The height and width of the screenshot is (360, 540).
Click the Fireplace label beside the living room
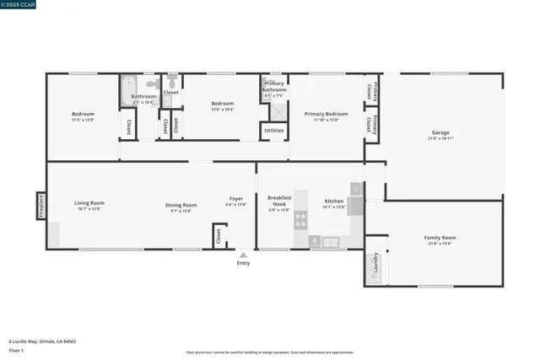(x=40, y=205)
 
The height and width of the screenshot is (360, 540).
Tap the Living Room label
(x=89, y=203)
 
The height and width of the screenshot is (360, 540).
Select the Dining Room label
(x=181, y=206)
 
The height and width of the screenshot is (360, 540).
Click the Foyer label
(x=235, y=201)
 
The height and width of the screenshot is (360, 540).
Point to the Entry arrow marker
(x=243, y=254)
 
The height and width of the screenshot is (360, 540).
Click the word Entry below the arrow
(x=243, y=263)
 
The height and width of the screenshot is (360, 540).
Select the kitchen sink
(x=330, y=243)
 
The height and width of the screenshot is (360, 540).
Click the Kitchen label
(x=334, y=201)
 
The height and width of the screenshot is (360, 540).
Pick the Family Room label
(x=440, y=238)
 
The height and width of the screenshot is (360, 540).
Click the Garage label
(x=440, y=132)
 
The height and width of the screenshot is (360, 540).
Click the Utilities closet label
(x=274, y=131)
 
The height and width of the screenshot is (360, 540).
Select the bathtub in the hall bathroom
(x=129, y=90)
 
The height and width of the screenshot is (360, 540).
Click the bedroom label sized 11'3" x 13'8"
(x=83, y=115)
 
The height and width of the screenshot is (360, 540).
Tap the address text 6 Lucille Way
(x=42, y=341)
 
